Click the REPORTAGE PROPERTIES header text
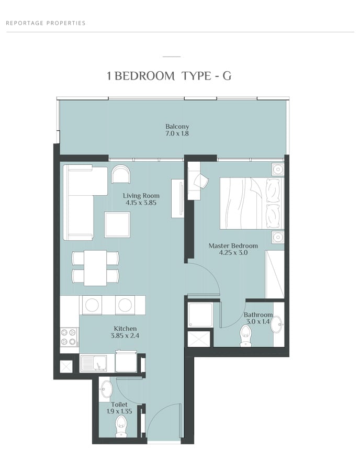[x=46, y=23]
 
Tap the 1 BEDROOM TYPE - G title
[x=169, y=76]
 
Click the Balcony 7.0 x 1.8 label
[x=177, y=130]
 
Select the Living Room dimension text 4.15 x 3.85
[x=141, y=203]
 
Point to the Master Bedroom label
[x=233, y=246]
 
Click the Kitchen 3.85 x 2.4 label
[x=125, y=332]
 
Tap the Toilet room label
[x=119, y=405]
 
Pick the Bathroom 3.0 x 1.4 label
[x=258, y=318]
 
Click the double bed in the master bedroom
[x=252, y=204]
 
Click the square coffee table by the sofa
[x=117, y=225]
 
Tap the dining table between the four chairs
[x=95, y=268]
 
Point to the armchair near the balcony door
[x=121, y=174]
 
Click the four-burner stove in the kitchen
[x=69, y=337]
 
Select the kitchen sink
[x=93, y=364]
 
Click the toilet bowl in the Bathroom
[x=246, y=335]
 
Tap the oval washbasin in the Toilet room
[x=106, y=389]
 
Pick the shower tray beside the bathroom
[x=200, y=315]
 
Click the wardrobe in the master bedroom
[x=275, y=274]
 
